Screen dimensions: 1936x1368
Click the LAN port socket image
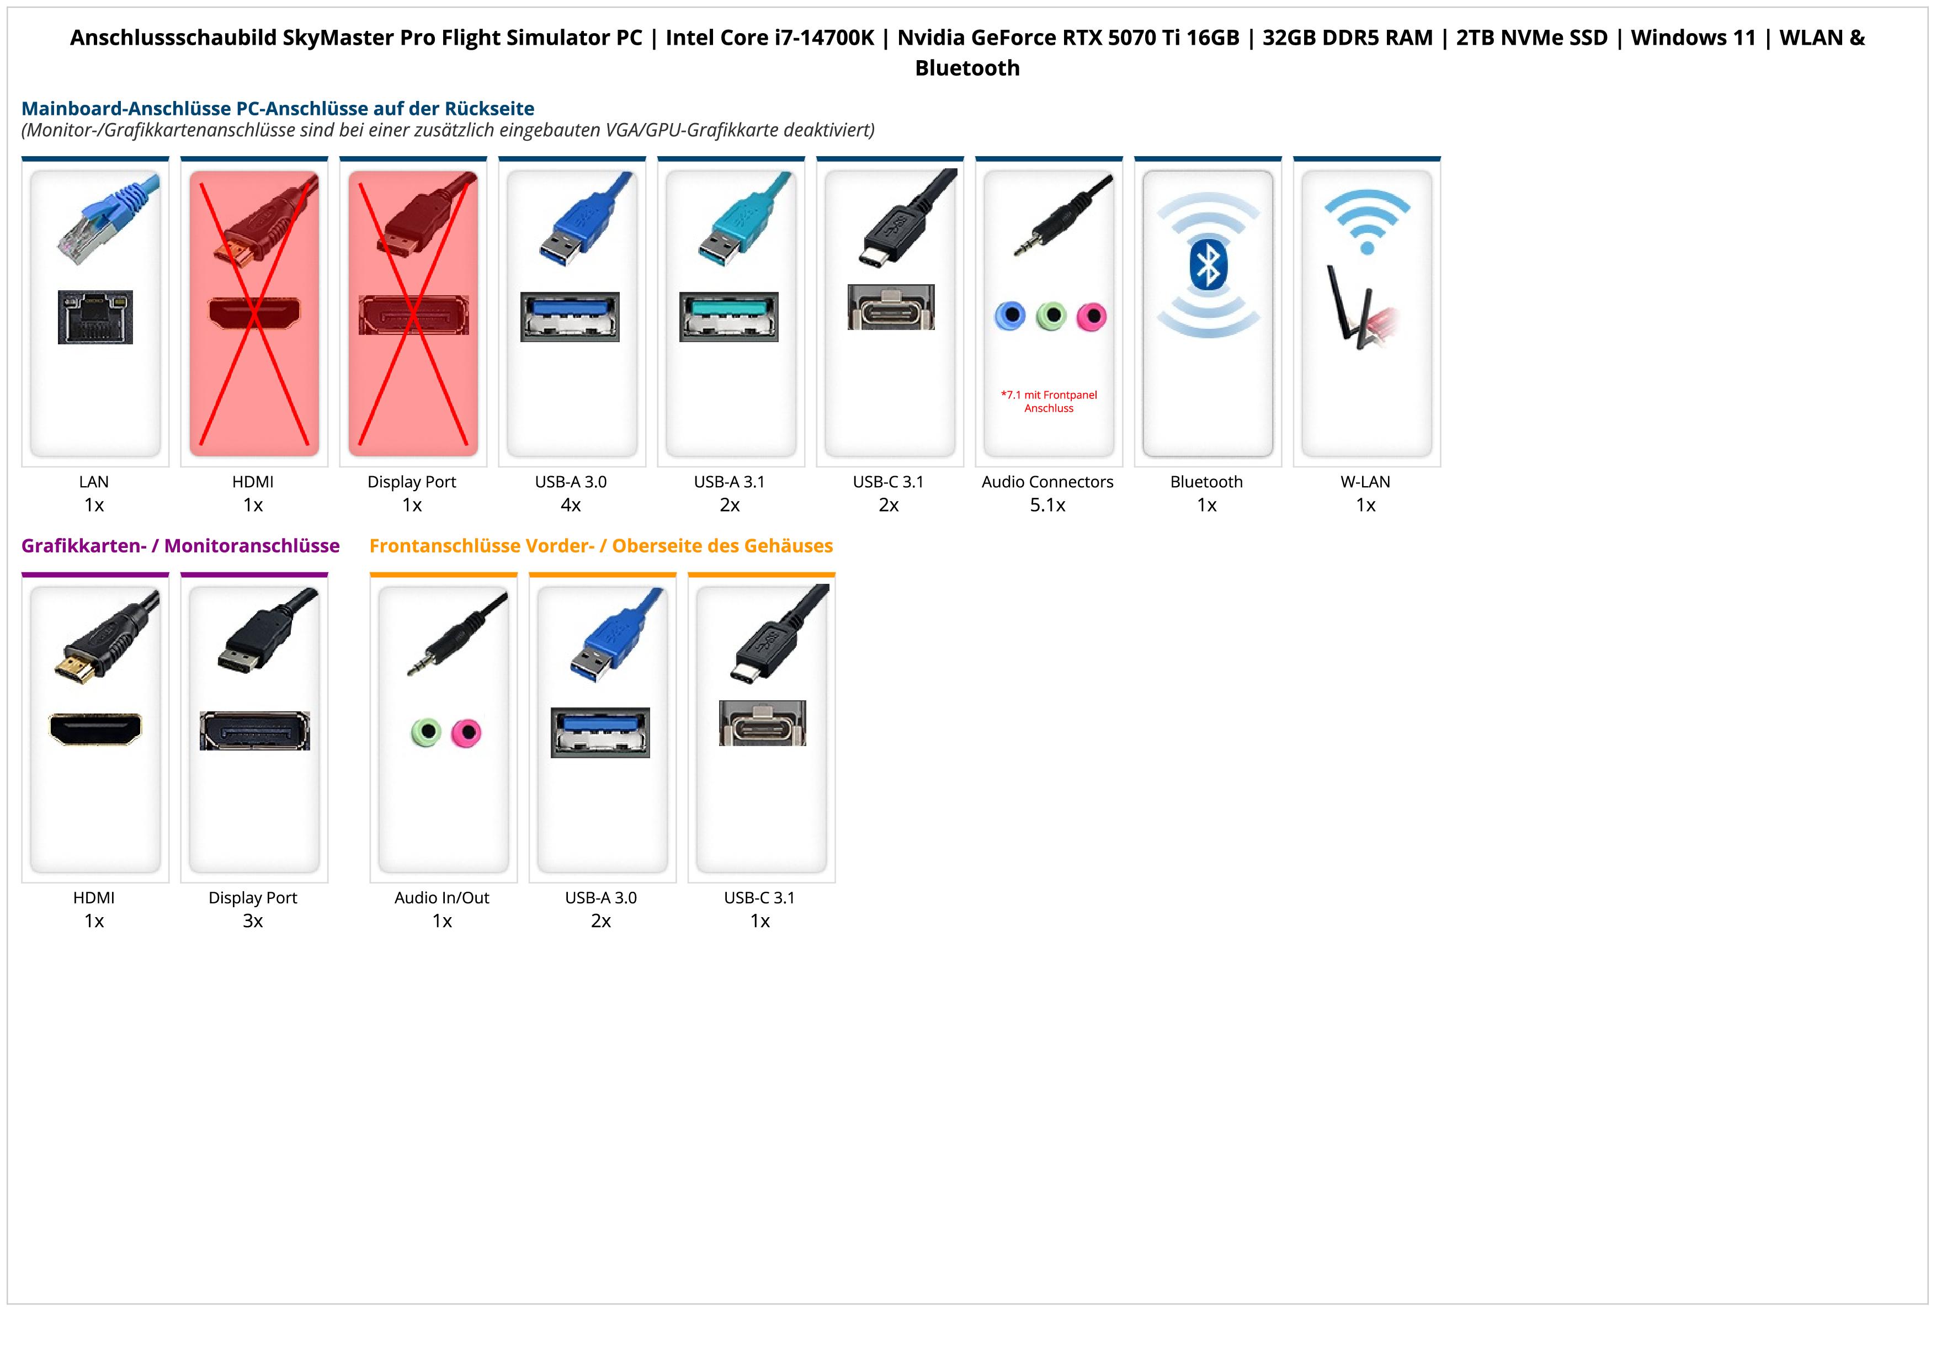point(95,317)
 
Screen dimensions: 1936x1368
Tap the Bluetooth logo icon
point(1208,264)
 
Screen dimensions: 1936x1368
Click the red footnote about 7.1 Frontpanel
point(1049,401)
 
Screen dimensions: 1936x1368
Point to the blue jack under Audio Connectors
point(1010,316)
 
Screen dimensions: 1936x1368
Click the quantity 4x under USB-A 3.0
point(571,505)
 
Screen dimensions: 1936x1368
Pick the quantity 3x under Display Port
point(253,920)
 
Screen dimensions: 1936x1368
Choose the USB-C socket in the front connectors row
point(762,723)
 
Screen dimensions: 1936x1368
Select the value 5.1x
point(1047,505)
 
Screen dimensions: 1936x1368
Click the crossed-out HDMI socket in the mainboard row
point(254,313)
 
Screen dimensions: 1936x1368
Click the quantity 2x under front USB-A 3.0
point(601,920)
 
